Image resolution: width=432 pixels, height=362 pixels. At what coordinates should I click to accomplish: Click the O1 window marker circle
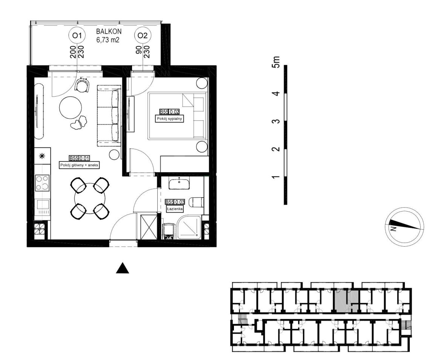pyautogui.click(x=77, y=35)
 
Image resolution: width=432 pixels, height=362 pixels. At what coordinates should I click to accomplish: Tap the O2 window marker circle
pyautogui.click(x=143, y=35)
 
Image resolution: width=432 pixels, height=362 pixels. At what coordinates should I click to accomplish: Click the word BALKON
pyautogui.click(x=109, y=32)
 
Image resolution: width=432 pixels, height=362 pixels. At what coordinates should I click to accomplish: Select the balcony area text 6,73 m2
pyautogui.click(x=108, y=40)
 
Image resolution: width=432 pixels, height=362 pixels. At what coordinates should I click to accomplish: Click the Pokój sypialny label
pyautogui.click(x=169, y=119)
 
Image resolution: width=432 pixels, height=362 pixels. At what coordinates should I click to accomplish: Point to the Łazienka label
pyautogui.click(x=175, y=209)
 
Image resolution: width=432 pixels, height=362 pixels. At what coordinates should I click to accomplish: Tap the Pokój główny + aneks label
pyautogui.click(x=79, y=165)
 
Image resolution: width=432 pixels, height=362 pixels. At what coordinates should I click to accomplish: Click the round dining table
pyautogui.click(x=90, y=198)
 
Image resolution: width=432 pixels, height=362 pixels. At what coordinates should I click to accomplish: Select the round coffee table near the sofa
pyautogui.click(x=71, y=107)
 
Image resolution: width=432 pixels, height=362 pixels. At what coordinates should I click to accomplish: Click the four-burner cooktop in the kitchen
pyautogui.click(x=42, y=183)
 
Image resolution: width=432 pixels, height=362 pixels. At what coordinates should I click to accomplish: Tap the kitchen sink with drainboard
pyautogui.click(x=42, y=207)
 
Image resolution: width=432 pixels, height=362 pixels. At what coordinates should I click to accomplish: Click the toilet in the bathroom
pyautogui.click(x=198, y=202)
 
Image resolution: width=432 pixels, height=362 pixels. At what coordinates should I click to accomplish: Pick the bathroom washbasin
pyautogui.click(x=179, y=183)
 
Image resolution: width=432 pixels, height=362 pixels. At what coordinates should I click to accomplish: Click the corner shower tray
pyautogui.click(x=190, y=227)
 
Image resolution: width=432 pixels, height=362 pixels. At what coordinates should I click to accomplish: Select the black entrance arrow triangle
pyautogui.click(x=123, y=268)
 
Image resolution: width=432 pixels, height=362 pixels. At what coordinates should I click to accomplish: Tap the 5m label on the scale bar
pyautogui.click(x=276, y=62)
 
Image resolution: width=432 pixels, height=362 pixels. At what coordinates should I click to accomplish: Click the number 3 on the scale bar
pyautogui.click(x=276, y=121)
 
